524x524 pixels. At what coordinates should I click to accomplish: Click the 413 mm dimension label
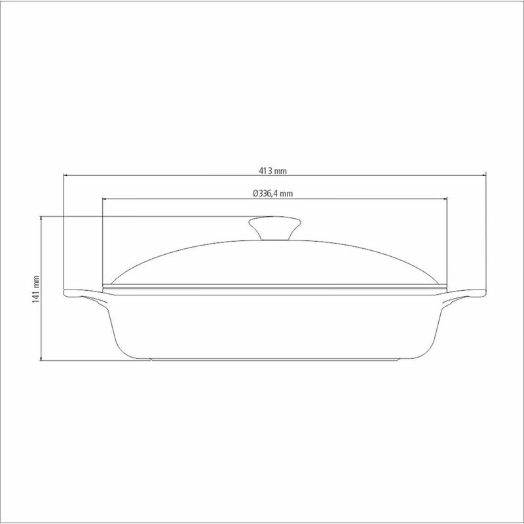pyautogui.click(x=272, y=171)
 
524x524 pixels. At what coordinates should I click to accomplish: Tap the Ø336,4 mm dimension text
pyautogui.click(x=272, y=193)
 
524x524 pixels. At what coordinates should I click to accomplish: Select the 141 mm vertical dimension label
pyautogui.click(x=36, y=290)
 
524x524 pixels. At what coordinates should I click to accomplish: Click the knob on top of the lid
pyautogui.click(x=274, y=228)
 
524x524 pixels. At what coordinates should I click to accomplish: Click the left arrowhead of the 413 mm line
pyautogui.click(x=66, y=175)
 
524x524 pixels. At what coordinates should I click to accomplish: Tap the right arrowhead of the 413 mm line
pyautogui.click(x=483, y=175)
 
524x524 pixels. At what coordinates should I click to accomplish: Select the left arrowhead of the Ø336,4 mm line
pyautogui.click(x=105, y=199)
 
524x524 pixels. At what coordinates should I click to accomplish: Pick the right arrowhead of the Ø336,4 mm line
pyautogui.click(x=445, y=199)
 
